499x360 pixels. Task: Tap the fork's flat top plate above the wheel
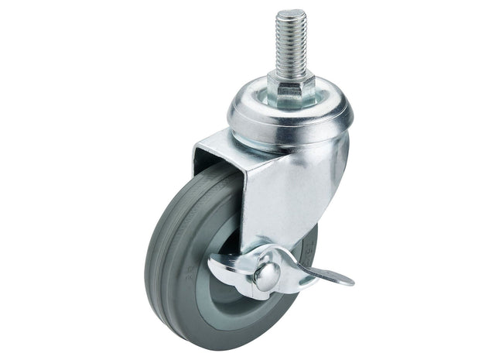tap(224, 147)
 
